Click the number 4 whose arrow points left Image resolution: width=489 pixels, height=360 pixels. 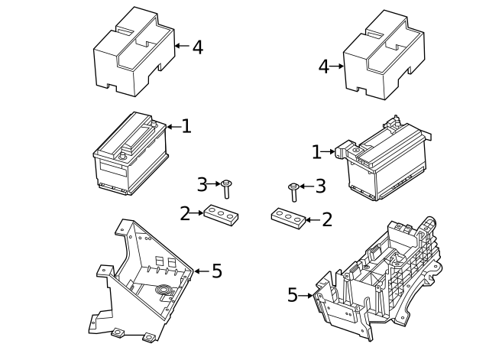tap(198, 47)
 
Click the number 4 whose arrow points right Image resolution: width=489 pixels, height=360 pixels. tap(324, 66)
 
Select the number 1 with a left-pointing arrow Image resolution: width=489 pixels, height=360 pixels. tap(186, 126)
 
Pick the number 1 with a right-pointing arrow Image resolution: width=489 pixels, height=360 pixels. tap(316, 152)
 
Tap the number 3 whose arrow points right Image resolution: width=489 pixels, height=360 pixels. tap(202, 184)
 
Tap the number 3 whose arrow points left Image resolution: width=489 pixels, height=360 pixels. tap(321, 186)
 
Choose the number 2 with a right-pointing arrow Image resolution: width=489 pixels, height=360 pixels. tap(185, 214)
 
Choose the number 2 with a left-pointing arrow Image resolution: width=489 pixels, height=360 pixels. tap(327, 219)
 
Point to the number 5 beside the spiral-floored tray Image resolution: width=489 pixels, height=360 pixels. tap(217, 271)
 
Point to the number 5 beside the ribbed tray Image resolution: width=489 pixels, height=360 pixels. tap(293, 295)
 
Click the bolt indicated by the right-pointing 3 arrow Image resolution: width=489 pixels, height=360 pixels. tap(226, 189)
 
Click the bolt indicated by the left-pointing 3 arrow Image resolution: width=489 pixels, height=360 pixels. tap(293, 192)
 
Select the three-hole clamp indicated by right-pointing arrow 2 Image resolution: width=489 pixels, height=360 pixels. tap(221, 216)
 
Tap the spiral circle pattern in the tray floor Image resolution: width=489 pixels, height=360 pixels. tap(165, 290)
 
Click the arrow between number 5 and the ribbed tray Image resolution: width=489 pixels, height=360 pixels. tap(306, 296)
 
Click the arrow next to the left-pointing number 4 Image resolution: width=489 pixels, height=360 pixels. tap(182, 46)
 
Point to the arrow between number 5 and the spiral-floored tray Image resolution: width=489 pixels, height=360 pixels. tap(202, 271)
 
